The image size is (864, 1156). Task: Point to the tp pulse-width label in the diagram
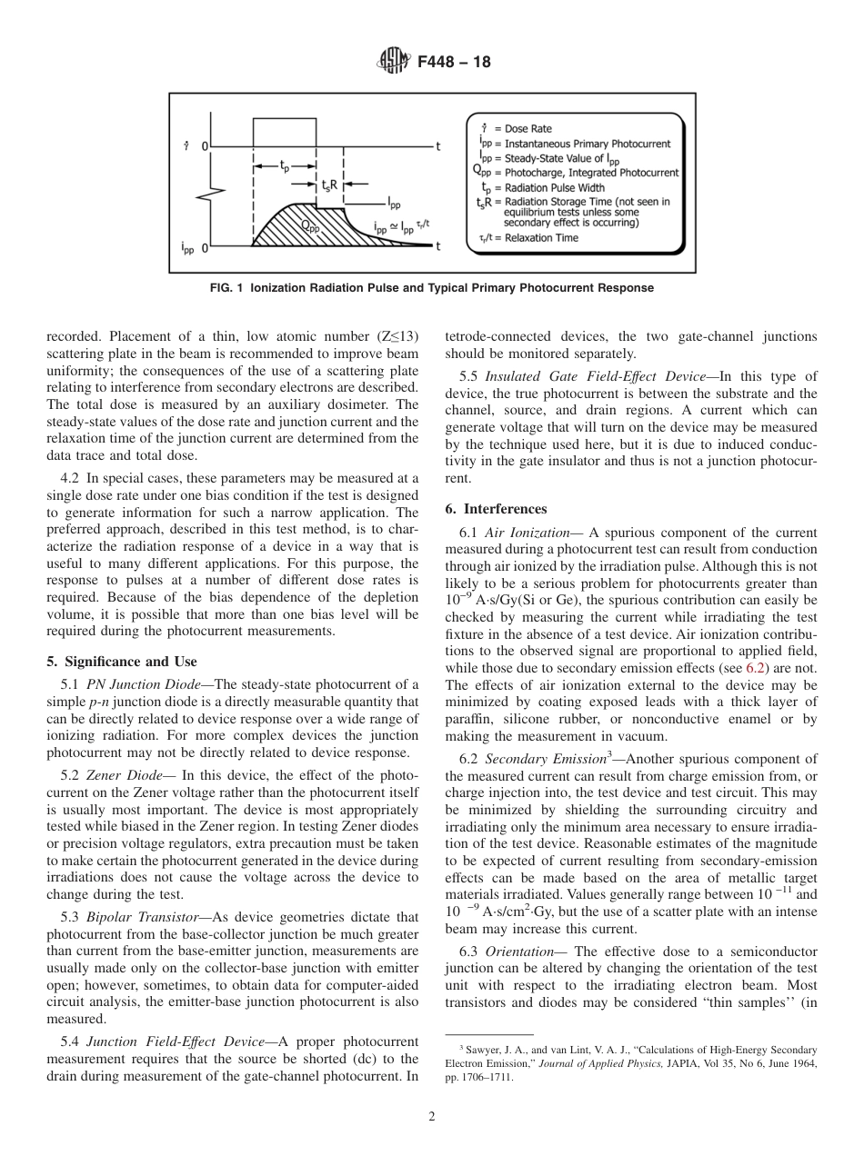click(x=285, y=166)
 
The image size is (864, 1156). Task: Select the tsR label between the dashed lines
click(x=329, y=184)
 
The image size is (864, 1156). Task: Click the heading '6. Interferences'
click(x=496, y=509)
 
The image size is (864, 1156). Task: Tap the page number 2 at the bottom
click(x=432, y=1117)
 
